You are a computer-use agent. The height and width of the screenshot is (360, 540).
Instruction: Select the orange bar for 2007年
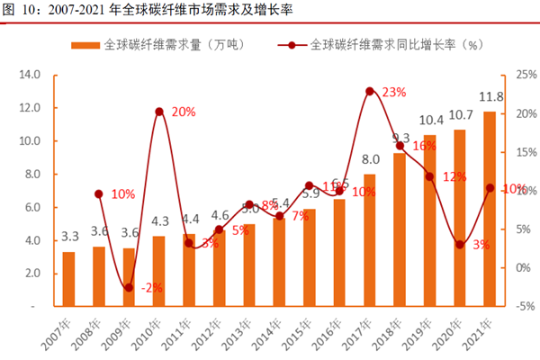[x=69, y=279]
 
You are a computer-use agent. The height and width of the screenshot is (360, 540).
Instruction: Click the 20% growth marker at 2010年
[x=159, y=112]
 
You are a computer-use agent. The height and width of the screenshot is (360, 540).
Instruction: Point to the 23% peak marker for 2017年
[x=370, y=91]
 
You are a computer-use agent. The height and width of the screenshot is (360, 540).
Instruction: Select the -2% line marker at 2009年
[x=129, y=287]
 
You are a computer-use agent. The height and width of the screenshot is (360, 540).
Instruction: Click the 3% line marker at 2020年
[x=460, y=244]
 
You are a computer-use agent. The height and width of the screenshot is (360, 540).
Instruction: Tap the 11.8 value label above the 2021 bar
[x=490, y=96]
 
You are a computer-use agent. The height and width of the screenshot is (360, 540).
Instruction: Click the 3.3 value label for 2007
[x=69, y=237]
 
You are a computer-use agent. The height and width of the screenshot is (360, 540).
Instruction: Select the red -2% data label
[x=154, y=288]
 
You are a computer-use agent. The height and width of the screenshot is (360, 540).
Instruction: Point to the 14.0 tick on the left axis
[x=30, y=75]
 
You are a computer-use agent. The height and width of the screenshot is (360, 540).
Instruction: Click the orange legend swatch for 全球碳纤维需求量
[x=85, y=44]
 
